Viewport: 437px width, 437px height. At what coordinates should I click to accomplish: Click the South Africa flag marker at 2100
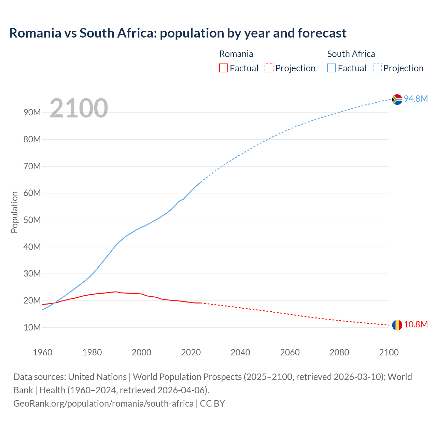pos(397,99)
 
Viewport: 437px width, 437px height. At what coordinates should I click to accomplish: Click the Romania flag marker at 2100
pos(397,325)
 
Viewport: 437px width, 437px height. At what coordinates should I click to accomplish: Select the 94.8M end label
pos(416,99)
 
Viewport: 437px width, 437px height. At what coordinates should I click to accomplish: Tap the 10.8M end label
pos(416,324)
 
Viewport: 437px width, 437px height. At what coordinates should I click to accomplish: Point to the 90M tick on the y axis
pos(32,113)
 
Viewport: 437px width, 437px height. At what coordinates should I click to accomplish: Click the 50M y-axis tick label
pos(32,220)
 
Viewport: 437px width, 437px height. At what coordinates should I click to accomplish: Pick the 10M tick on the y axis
pos(32,327)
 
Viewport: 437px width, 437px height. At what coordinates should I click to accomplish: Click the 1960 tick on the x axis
pos(43,352)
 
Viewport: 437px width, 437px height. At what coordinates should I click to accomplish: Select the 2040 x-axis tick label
pos(240,352)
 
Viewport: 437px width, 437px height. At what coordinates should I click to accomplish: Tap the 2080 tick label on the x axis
pos(339,352)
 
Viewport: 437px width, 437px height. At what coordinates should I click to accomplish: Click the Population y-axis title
pos(14,212)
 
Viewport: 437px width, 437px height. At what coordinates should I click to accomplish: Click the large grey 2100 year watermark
pos(79,108)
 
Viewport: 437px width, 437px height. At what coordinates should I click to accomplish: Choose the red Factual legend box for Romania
pos(223,68)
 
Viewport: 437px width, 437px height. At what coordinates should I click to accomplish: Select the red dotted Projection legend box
pos(269,68)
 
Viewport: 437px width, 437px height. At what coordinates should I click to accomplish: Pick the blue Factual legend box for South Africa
pos(332,68)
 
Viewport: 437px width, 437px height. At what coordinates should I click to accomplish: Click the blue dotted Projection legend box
pos(377,68)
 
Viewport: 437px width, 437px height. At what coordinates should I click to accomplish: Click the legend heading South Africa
pos(351,54)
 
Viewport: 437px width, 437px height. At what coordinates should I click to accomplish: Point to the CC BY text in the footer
pos(212,403)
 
